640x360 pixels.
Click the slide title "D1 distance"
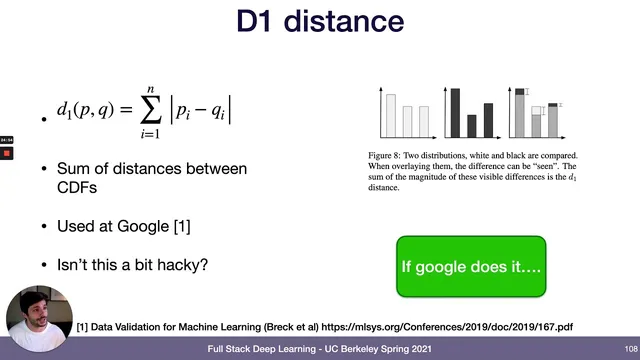point(320,21)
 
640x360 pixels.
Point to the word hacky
point(186,265)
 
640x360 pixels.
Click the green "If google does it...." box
point(471,267)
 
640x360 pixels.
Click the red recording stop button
point(6,154)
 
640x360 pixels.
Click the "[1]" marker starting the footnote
point(83,327)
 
